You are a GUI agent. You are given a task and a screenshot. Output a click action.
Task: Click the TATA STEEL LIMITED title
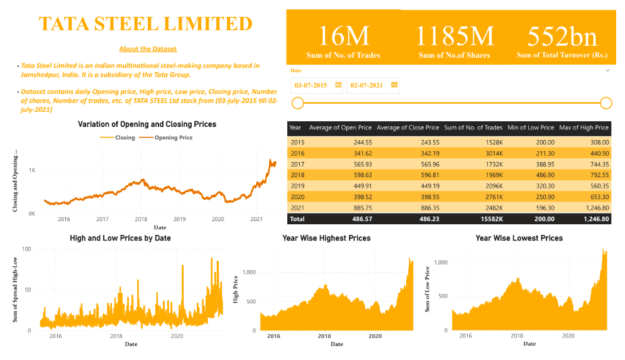point(145,24)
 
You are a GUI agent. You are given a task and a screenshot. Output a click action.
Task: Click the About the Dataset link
point(148,49)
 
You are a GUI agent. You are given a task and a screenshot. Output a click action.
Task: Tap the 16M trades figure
point(343,36)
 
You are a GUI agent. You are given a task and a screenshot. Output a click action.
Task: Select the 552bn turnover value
point(561,36)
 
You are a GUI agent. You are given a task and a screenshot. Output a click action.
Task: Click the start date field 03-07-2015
point(312,85)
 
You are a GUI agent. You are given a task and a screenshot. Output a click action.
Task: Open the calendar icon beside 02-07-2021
point(394,85)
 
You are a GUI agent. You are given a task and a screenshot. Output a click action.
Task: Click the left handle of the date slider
point(298,103)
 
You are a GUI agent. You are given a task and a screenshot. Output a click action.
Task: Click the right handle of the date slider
point(606,103)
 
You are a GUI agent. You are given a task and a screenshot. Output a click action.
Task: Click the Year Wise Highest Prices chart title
point(326,239)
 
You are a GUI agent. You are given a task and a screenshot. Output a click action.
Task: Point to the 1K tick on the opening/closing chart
point(31,170)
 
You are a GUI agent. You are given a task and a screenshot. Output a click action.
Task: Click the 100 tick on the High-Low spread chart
point(26,249)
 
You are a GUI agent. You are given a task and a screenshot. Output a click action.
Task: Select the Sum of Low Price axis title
point(427,290)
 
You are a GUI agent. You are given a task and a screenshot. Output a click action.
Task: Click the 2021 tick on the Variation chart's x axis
point(257,219)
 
